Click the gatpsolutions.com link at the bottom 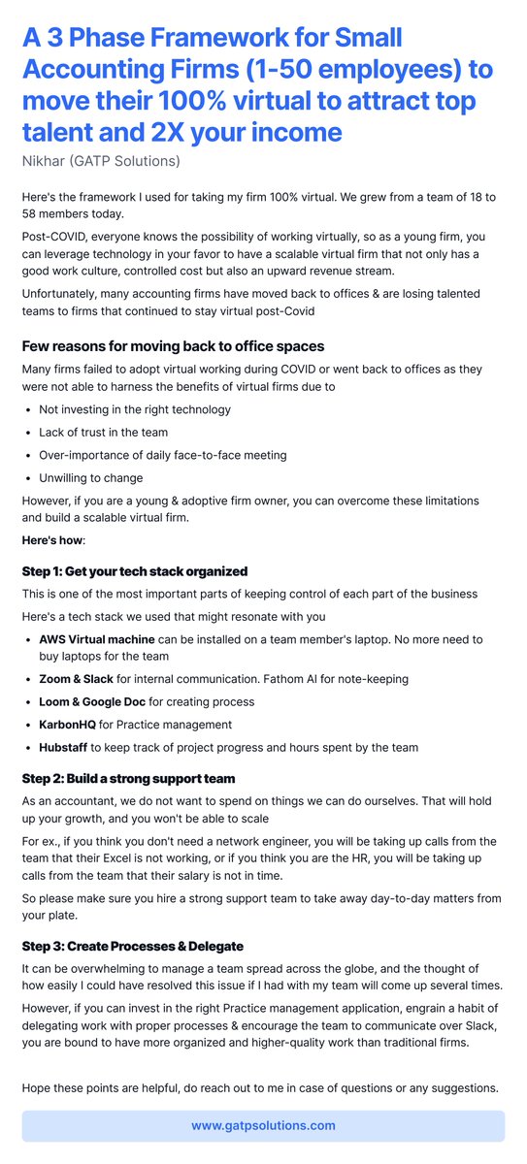263,1125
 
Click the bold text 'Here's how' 53,540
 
